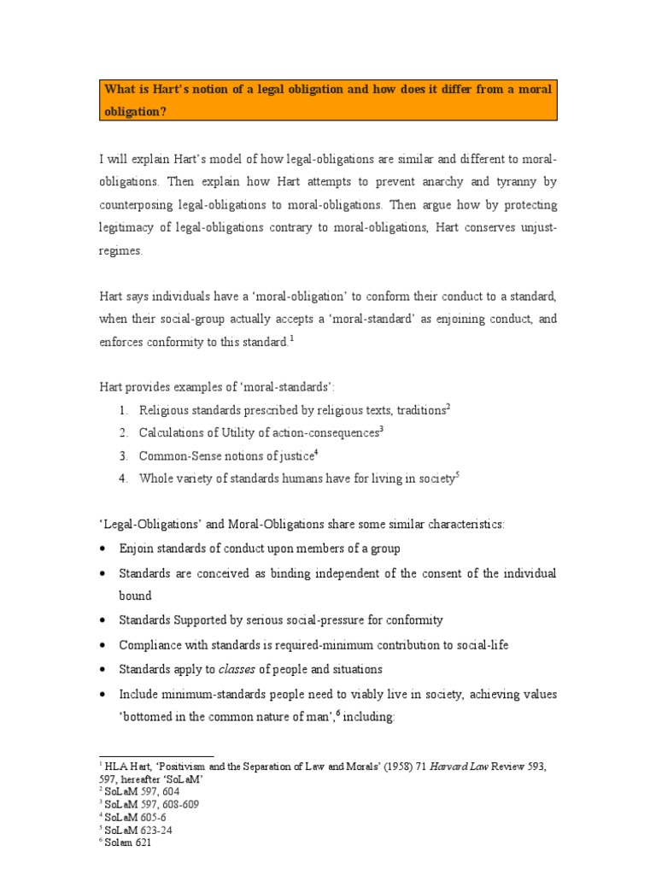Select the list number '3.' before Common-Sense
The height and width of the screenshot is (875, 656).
[x=124, y=456]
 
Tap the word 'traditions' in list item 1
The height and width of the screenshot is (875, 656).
[x=415, y=410]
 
